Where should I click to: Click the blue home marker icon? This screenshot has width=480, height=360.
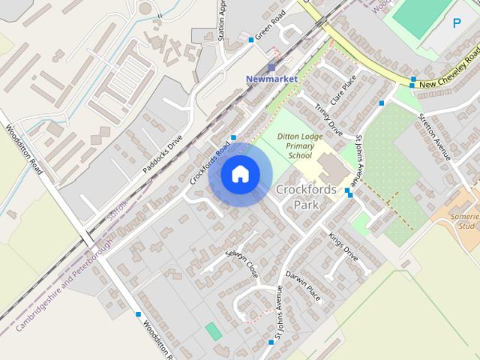click(240, 174)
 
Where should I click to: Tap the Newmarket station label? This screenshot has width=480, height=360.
click(271, 79)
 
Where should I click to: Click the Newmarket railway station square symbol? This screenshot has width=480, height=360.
click(271, 67)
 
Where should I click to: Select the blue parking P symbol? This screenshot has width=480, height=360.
click(457, 23)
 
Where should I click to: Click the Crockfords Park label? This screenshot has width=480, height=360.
click(306, 196)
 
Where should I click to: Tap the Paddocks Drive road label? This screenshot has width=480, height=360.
click(163, 154)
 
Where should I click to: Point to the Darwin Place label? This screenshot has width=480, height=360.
click(304, 285)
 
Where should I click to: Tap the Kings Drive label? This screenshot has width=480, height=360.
click(343, 247)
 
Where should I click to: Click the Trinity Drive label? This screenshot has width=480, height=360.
click(328, 121)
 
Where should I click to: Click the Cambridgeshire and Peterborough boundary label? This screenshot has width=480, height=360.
click(64, 286)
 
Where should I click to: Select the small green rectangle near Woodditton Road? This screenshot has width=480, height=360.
click(214, 331)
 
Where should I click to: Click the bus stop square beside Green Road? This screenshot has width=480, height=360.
click(251, 40)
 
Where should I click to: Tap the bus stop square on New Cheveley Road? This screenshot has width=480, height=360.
click(412, 79)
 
